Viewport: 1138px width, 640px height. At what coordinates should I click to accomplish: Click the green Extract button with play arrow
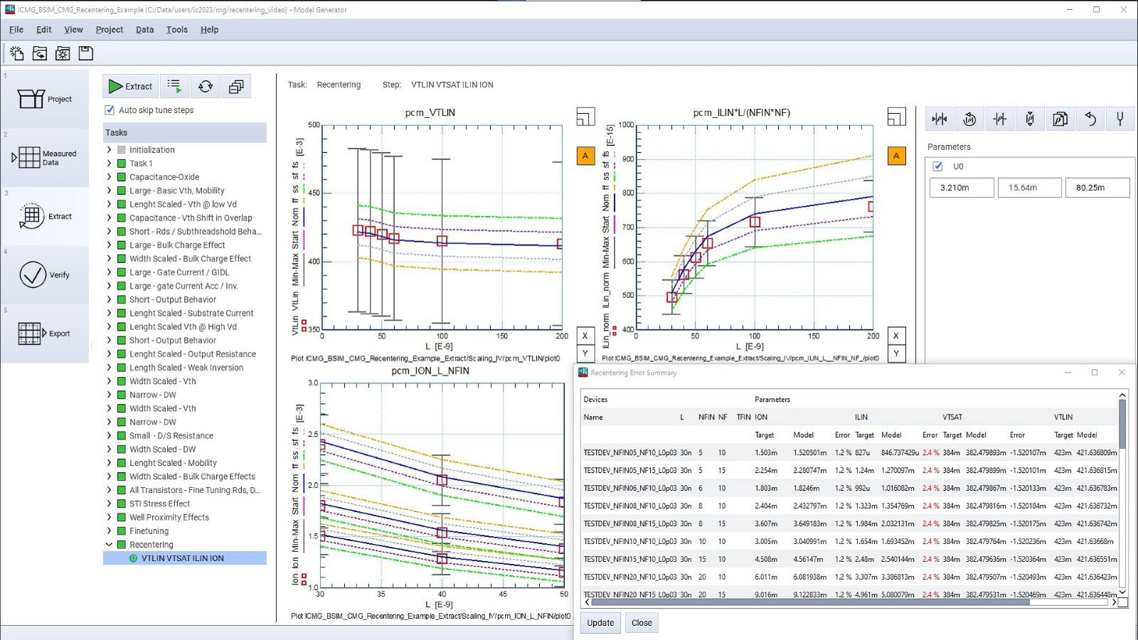130,86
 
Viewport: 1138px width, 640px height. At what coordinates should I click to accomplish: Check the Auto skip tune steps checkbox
110,110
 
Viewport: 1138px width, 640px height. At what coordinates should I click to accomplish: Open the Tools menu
176,30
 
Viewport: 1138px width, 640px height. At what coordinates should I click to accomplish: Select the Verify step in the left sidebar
45,274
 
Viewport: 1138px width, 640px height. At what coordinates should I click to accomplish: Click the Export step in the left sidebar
45,333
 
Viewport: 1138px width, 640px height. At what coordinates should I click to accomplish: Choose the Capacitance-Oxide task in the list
164,177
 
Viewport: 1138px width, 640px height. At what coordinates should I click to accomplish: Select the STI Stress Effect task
159,503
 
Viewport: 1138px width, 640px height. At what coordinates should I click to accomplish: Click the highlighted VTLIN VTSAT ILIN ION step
182,558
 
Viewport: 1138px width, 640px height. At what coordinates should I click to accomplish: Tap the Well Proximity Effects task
169,517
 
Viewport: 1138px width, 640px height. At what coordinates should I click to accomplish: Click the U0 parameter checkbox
937,166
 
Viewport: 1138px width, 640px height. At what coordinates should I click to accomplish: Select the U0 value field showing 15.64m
1023,188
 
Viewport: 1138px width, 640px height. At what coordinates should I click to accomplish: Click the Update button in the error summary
600,623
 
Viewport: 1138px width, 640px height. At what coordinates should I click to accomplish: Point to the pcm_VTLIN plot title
430,112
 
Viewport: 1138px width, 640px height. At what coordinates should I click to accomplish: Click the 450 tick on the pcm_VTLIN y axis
314,193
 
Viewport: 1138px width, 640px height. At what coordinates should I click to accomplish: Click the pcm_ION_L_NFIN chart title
430,370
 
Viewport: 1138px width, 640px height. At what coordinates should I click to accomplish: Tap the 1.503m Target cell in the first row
765,452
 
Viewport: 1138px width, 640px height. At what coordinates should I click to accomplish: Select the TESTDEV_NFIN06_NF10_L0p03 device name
629,488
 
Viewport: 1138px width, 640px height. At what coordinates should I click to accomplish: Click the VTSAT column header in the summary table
952,417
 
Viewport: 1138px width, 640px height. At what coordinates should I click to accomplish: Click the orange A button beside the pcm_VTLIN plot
585,156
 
